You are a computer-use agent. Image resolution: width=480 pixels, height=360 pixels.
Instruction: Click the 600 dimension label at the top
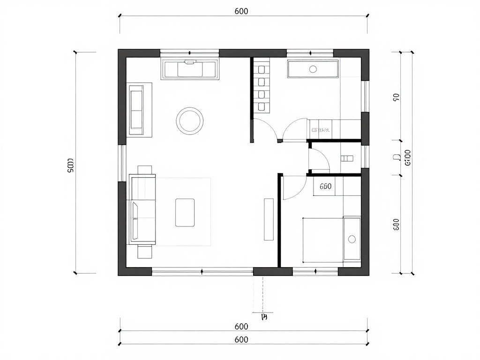point(241,11)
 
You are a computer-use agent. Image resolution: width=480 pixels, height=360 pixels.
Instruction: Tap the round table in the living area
point(190,120)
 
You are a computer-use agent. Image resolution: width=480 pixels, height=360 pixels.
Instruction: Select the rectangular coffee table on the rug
point(185,212)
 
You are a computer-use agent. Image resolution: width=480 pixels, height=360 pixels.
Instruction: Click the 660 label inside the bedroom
point(325,186)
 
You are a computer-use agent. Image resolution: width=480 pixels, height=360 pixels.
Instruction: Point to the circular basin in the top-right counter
point(313,69)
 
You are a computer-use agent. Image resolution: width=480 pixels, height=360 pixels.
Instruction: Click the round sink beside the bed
point(352,239)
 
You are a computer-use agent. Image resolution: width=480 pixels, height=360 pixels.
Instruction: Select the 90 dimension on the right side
point(396,97)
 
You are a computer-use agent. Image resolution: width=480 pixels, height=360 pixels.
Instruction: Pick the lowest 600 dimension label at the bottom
point(241,339)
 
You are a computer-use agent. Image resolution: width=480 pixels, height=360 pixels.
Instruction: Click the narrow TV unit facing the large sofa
point(269,219)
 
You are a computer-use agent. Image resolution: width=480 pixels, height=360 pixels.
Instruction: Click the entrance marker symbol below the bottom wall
point(264,317)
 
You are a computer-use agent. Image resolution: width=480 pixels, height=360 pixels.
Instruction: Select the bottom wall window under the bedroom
point(315,271)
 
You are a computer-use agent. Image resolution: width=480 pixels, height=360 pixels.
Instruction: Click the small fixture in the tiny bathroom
point(347,158)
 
